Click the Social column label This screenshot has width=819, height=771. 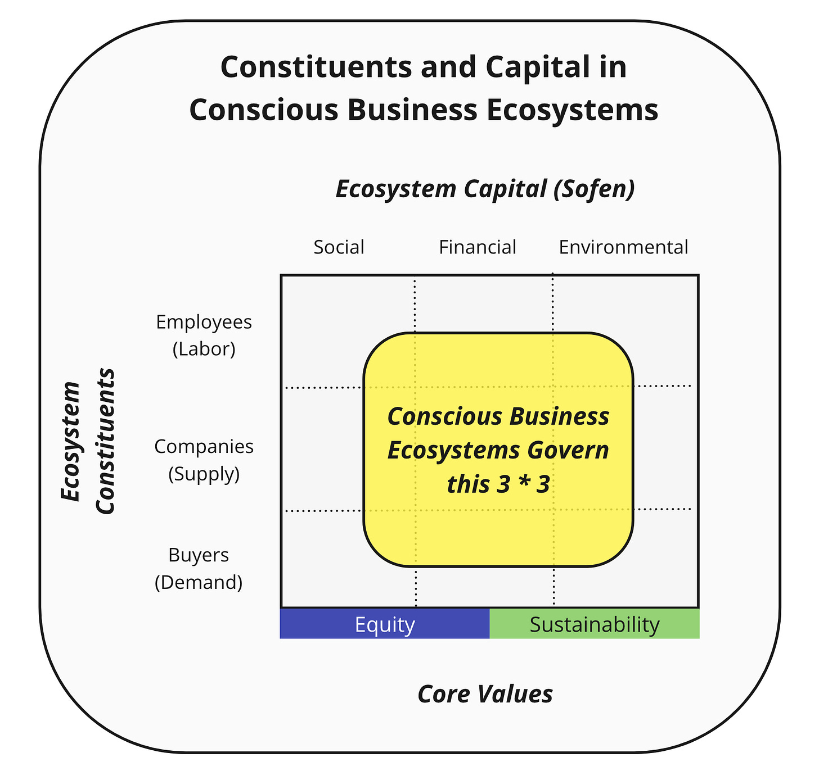(339, 247)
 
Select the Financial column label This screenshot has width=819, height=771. (477, 247)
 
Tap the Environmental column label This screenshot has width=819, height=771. (623, 247)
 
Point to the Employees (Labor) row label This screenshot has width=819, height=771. (204, 335)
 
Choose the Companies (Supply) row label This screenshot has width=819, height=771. (204, 460)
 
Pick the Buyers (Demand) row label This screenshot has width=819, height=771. (199, 568)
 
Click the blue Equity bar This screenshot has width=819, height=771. (385, 624)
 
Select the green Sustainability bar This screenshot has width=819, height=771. (595, 624)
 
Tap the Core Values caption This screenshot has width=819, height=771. (485, 694)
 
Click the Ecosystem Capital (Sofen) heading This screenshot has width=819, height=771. (485, 189)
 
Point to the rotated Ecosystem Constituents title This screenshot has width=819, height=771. (88, 441)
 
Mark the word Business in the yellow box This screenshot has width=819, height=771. (560, 417)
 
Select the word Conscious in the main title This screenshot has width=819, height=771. (264, 110)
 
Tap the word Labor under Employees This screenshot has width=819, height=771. (204, 349)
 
